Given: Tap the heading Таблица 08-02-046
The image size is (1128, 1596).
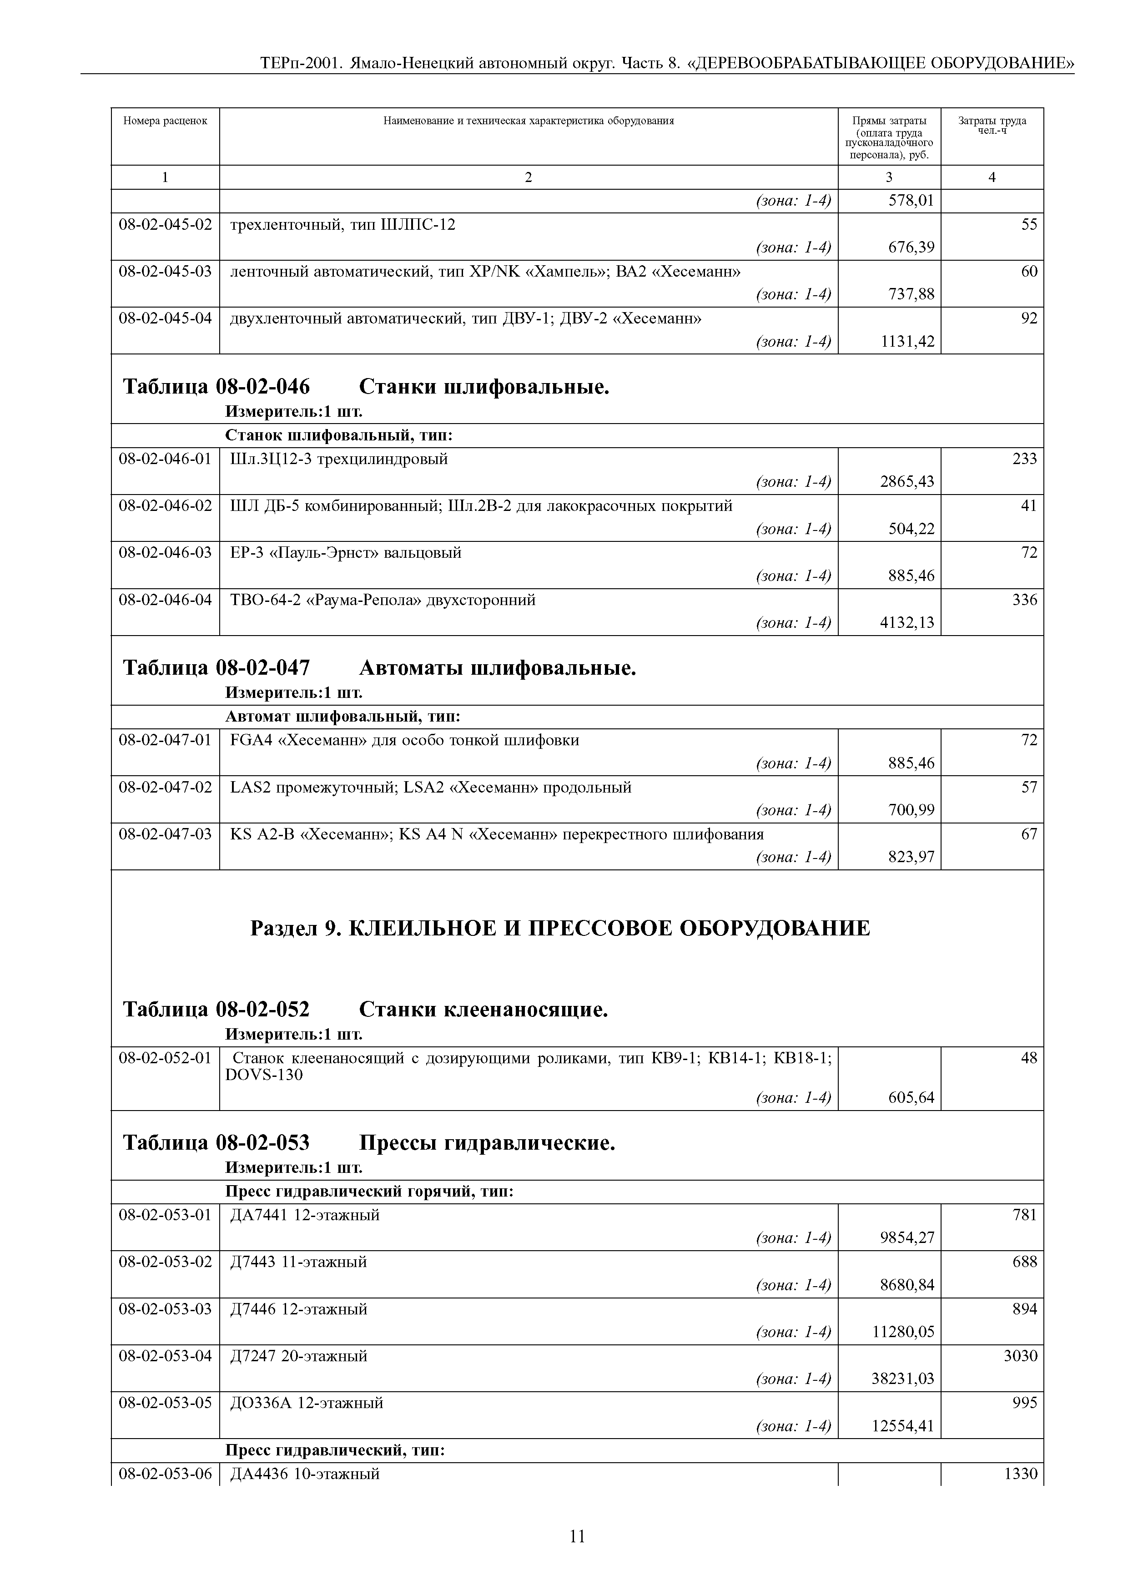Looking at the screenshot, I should pyautogui.click(x=216, y=386).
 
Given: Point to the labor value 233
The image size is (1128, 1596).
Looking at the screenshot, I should pyautogui.click(x=1024, y=459).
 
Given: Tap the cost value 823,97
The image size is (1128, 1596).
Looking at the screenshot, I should pyautogui.click(x=911, y=857).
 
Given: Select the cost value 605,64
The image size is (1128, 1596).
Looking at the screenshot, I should pyautogui.click(x=911, y=1098).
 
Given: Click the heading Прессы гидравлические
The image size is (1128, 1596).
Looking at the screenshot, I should pyautogui.click(x=487, y=1143).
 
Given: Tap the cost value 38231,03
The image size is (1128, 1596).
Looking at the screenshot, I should pyautogui.click(x=903, y=1379).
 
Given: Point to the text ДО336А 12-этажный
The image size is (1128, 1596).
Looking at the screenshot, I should pyautogui.click(x=307, y=1403).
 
